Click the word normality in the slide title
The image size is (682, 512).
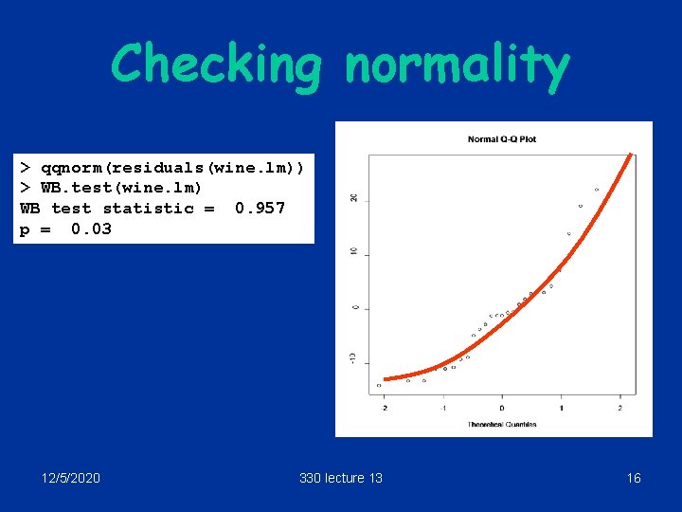coord(458,65)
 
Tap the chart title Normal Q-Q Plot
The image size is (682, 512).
coord(502,139)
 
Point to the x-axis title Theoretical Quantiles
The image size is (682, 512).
coord(502,425)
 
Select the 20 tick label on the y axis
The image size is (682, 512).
coord(353,197)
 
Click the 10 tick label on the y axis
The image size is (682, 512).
coord(353,252)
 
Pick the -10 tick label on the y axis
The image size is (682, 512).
coord(353,357)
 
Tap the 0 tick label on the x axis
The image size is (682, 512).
coord(502,409)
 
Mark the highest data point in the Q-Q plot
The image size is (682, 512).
coord(597,190)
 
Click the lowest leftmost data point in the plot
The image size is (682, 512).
coord(379,385)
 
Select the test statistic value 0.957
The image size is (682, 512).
coord(260,208)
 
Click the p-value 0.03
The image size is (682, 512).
coord(91,229)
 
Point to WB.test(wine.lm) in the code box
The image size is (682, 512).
coord(121,188)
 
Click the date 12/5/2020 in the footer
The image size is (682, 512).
coord(71,478)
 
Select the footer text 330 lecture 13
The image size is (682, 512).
coord(341,478)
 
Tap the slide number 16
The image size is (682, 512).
coord(634,478)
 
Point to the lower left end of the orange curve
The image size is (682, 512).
coord(386,379)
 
